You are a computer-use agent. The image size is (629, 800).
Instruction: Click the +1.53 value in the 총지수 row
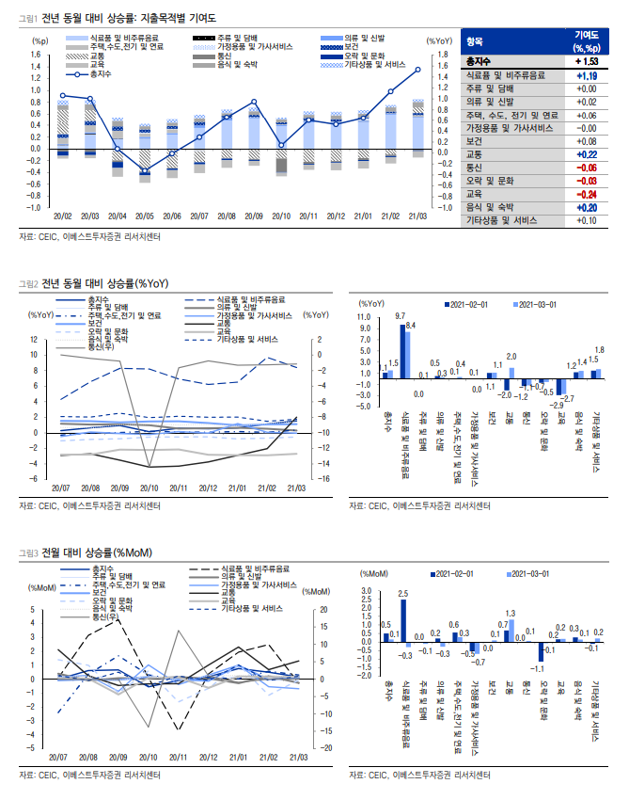tap(587, 62)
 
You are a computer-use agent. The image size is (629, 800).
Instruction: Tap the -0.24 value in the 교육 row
tap(587, 194)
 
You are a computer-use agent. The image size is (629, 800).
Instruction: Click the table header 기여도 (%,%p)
tap(587, 41)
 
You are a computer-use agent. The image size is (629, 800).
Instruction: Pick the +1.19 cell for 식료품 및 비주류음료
tap(587, 75)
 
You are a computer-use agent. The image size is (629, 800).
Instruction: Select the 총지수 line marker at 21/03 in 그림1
tap(417, 70)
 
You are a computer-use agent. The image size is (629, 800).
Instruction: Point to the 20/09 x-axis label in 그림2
tap(119, 488)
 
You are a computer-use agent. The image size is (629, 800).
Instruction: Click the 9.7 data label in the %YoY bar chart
tap(401, 314)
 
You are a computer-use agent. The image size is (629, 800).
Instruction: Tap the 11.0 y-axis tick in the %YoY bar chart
tap(367, 317)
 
